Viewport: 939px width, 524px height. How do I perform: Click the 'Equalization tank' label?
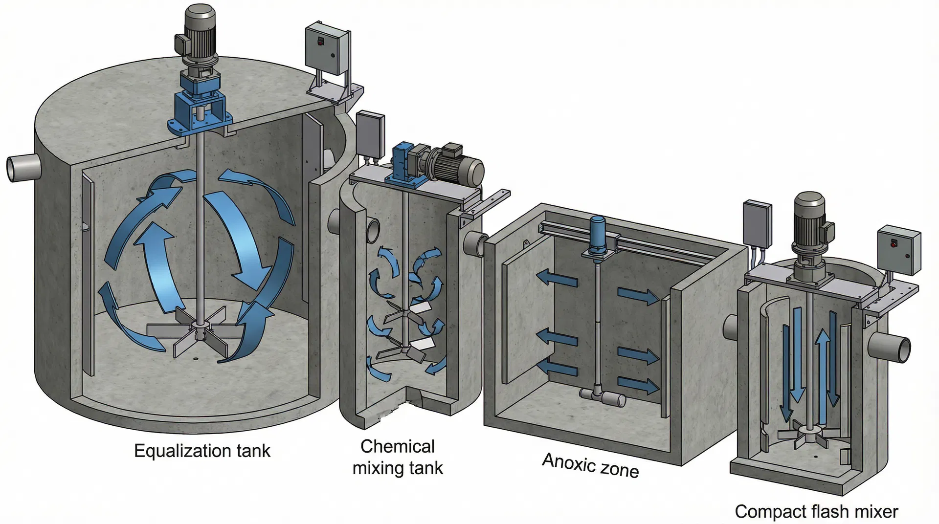click(x=202, y=451)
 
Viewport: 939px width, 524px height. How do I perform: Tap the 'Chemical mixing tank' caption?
click(x=398, y=457)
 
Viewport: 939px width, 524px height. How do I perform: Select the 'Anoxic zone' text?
click(x=590, y=465)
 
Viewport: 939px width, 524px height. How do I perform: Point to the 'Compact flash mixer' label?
click(x=816, y=511)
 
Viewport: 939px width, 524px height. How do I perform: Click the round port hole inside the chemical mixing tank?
click(x=372, y=230)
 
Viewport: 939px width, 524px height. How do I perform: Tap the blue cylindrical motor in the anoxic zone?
click(x=598, y=235)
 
